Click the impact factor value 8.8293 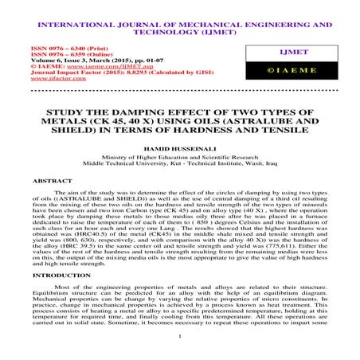coord(136,73)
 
